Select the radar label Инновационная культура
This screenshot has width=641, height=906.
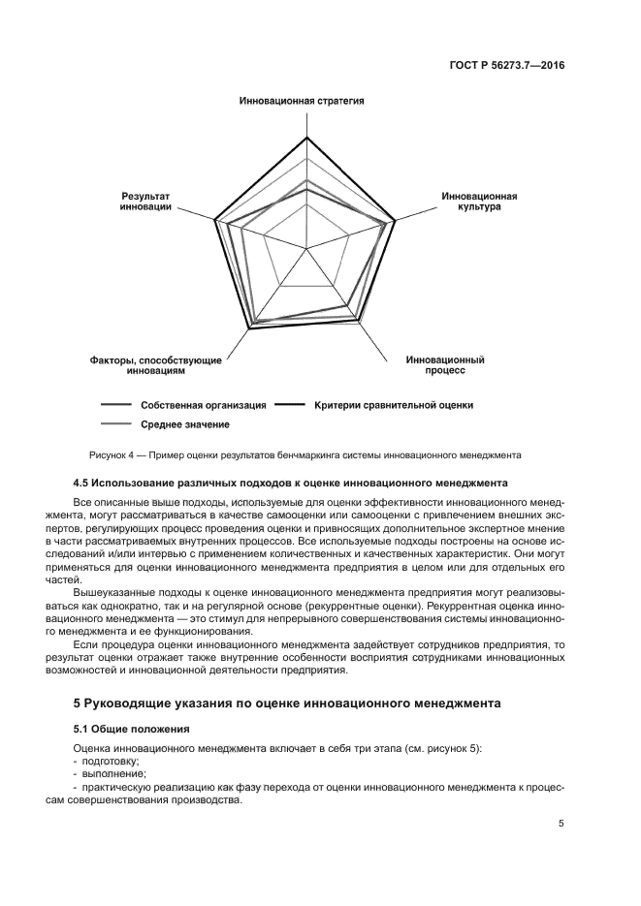[x=479, y=202]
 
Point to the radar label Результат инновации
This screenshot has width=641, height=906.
[x=146, y=202]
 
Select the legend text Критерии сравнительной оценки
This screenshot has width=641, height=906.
[x=394, y=405]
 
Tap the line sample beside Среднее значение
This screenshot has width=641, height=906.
[x=115, y=424]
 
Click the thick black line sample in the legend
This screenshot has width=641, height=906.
[x=289, y=405]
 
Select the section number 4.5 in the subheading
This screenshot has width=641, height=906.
[x=82, y=483]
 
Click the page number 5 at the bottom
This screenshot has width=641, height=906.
[x=561, y=825]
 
